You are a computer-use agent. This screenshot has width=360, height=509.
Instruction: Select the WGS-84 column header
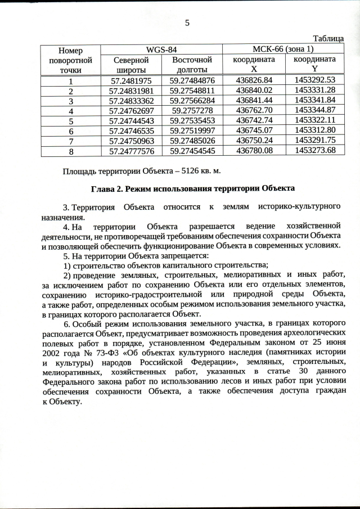(x=161, y=49)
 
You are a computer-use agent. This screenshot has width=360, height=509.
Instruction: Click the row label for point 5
(x=71, y=121)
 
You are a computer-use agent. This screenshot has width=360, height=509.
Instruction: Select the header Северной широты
(x=131, y=64)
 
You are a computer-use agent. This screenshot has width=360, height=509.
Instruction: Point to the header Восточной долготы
(x=192, y=64)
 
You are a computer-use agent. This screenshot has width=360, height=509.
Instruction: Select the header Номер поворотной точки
(x=71, y=60)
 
